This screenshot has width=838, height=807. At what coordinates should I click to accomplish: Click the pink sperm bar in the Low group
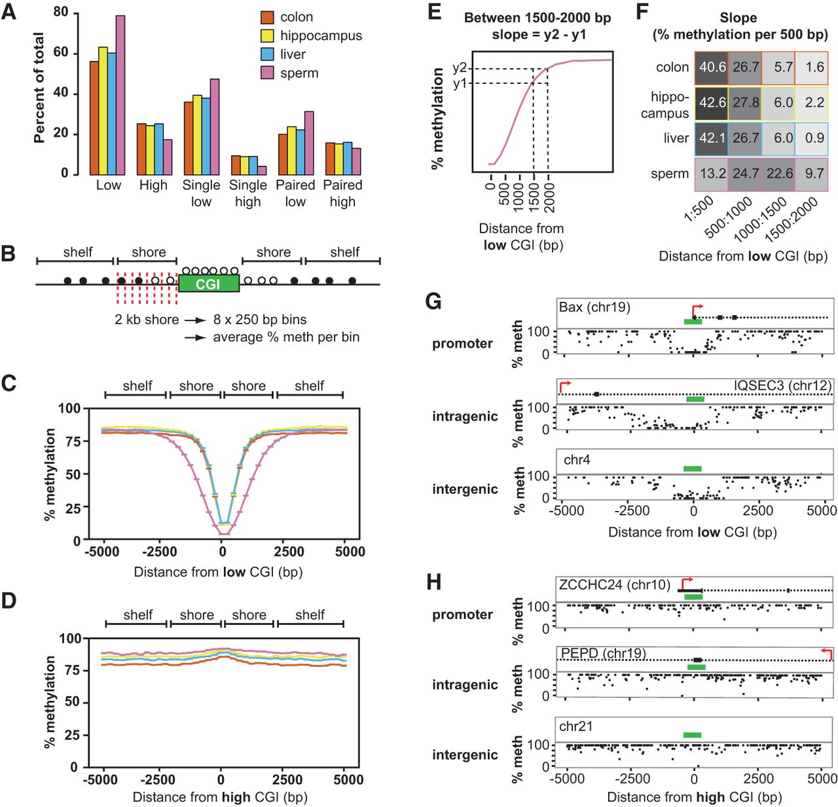(120, 95)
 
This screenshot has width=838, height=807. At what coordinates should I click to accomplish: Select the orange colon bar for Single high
(236, 165)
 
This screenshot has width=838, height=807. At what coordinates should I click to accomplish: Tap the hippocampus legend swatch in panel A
(267, 35)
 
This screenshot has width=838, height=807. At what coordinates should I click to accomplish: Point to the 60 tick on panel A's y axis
(61, 52)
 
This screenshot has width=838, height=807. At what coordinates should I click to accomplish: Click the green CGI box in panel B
(208, 284)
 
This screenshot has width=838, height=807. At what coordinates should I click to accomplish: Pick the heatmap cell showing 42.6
(712, 103)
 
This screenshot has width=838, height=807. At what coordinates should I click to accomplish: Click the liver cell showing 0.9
(813, 138)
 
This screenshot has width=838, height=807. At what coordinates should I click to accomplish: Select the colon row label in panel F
(672, 67)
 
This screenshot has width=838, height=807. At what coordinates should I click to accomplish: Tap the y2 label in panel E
(460, 68)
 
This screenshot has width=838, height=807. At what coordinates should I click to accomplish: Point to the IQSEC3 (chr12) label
(782, 385)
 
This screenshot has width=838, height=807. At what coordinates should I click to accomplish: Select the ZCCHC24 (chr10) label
(614, 585)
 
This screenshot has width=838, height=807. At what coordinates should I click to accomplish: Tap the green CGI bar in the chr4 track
(692, 468)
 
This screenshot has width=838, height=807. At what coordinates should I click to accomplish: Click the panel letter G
(433, 302)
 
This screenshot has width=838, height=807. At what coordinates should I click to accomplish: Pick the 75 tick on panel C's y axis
(73, 441)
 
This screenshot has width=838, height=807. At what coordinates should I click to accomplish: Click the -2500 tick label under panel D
(158, 779)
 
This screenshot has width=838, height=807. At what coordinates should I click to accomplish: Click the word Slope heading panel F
(738, 18)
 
